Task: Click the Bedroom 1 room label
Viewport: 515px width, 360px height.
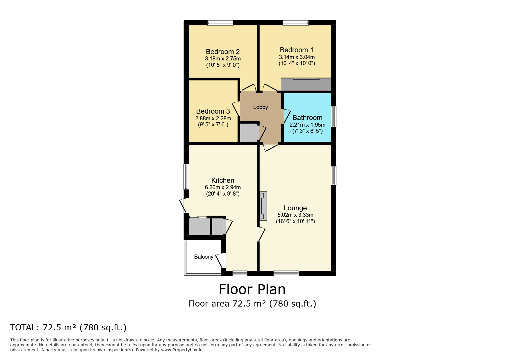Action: point(296,50)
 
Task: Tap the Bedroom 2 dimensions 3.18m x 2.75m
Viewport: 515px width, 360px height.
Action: point(222,59)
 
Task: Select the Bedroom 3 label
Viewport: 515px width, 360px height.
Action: point(213,111)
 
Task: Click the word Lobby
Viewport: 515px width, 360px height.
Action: point(260,107)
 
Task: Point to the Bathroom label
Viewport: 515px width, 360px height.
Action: point(307,118)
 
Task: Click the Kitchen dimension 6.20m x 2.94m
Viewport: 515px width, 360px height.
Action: point(222,187)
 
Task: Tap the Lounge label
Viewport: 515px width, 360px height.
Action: point(295,208)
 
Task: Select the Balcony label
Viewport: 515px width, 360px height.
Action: point(204,257)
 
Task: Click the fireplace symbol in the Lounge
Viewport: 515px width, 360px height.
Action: point(263,206)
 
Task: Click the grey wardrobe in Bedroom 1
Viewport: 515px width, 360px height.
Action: point(306,85)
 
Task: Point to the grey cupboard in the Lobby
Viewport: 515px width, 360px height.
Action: point(249,133)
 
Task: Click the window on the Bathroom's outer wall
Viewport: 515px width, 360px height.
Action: point(334,117)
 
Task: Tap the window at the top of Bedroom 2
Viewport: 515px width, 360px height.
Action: point(220,23)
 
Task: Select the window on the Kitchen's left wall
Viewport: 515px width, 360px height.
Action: point(186,177)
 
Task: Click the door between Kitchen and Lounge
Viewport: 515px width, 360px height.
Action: point(261,234)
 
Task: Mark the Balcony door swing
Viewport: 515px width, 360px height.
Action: point(220,260)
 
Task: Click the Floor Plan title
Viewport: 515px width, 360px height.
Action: point(252,289)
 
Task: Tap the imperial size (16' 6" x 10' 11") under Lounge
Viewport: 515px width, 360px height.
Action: point(295,221)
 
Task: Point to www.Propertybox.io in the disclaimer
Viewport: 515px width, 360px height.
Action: point(181,350)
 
